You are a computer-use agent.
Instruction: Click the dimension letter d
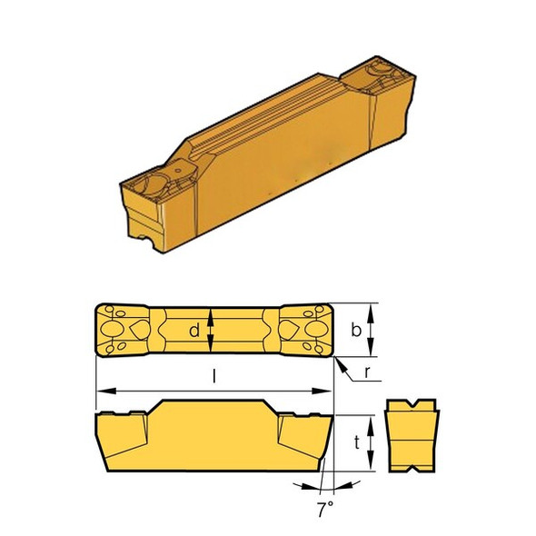pyautogui.click(x=194, y=332)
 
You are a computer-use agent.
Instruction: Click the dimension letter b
pyautogui.click(x=356, y=333)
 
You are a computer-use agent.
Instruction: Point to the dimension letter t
pyautogui.click(x=357, y=442)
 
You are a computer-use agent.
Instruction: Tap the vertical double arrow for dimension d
pyautogui.click(x=212, y=332)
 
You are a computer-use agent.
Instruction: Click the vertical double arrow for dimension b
pyautogui.click(x=374, y=332)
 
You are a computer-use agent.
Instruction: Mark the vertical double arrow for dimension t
pyautogui.click(x=374, y=443)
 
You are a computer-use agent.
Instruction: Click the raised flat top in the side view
pyautogui.click(x=213, y=404)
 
